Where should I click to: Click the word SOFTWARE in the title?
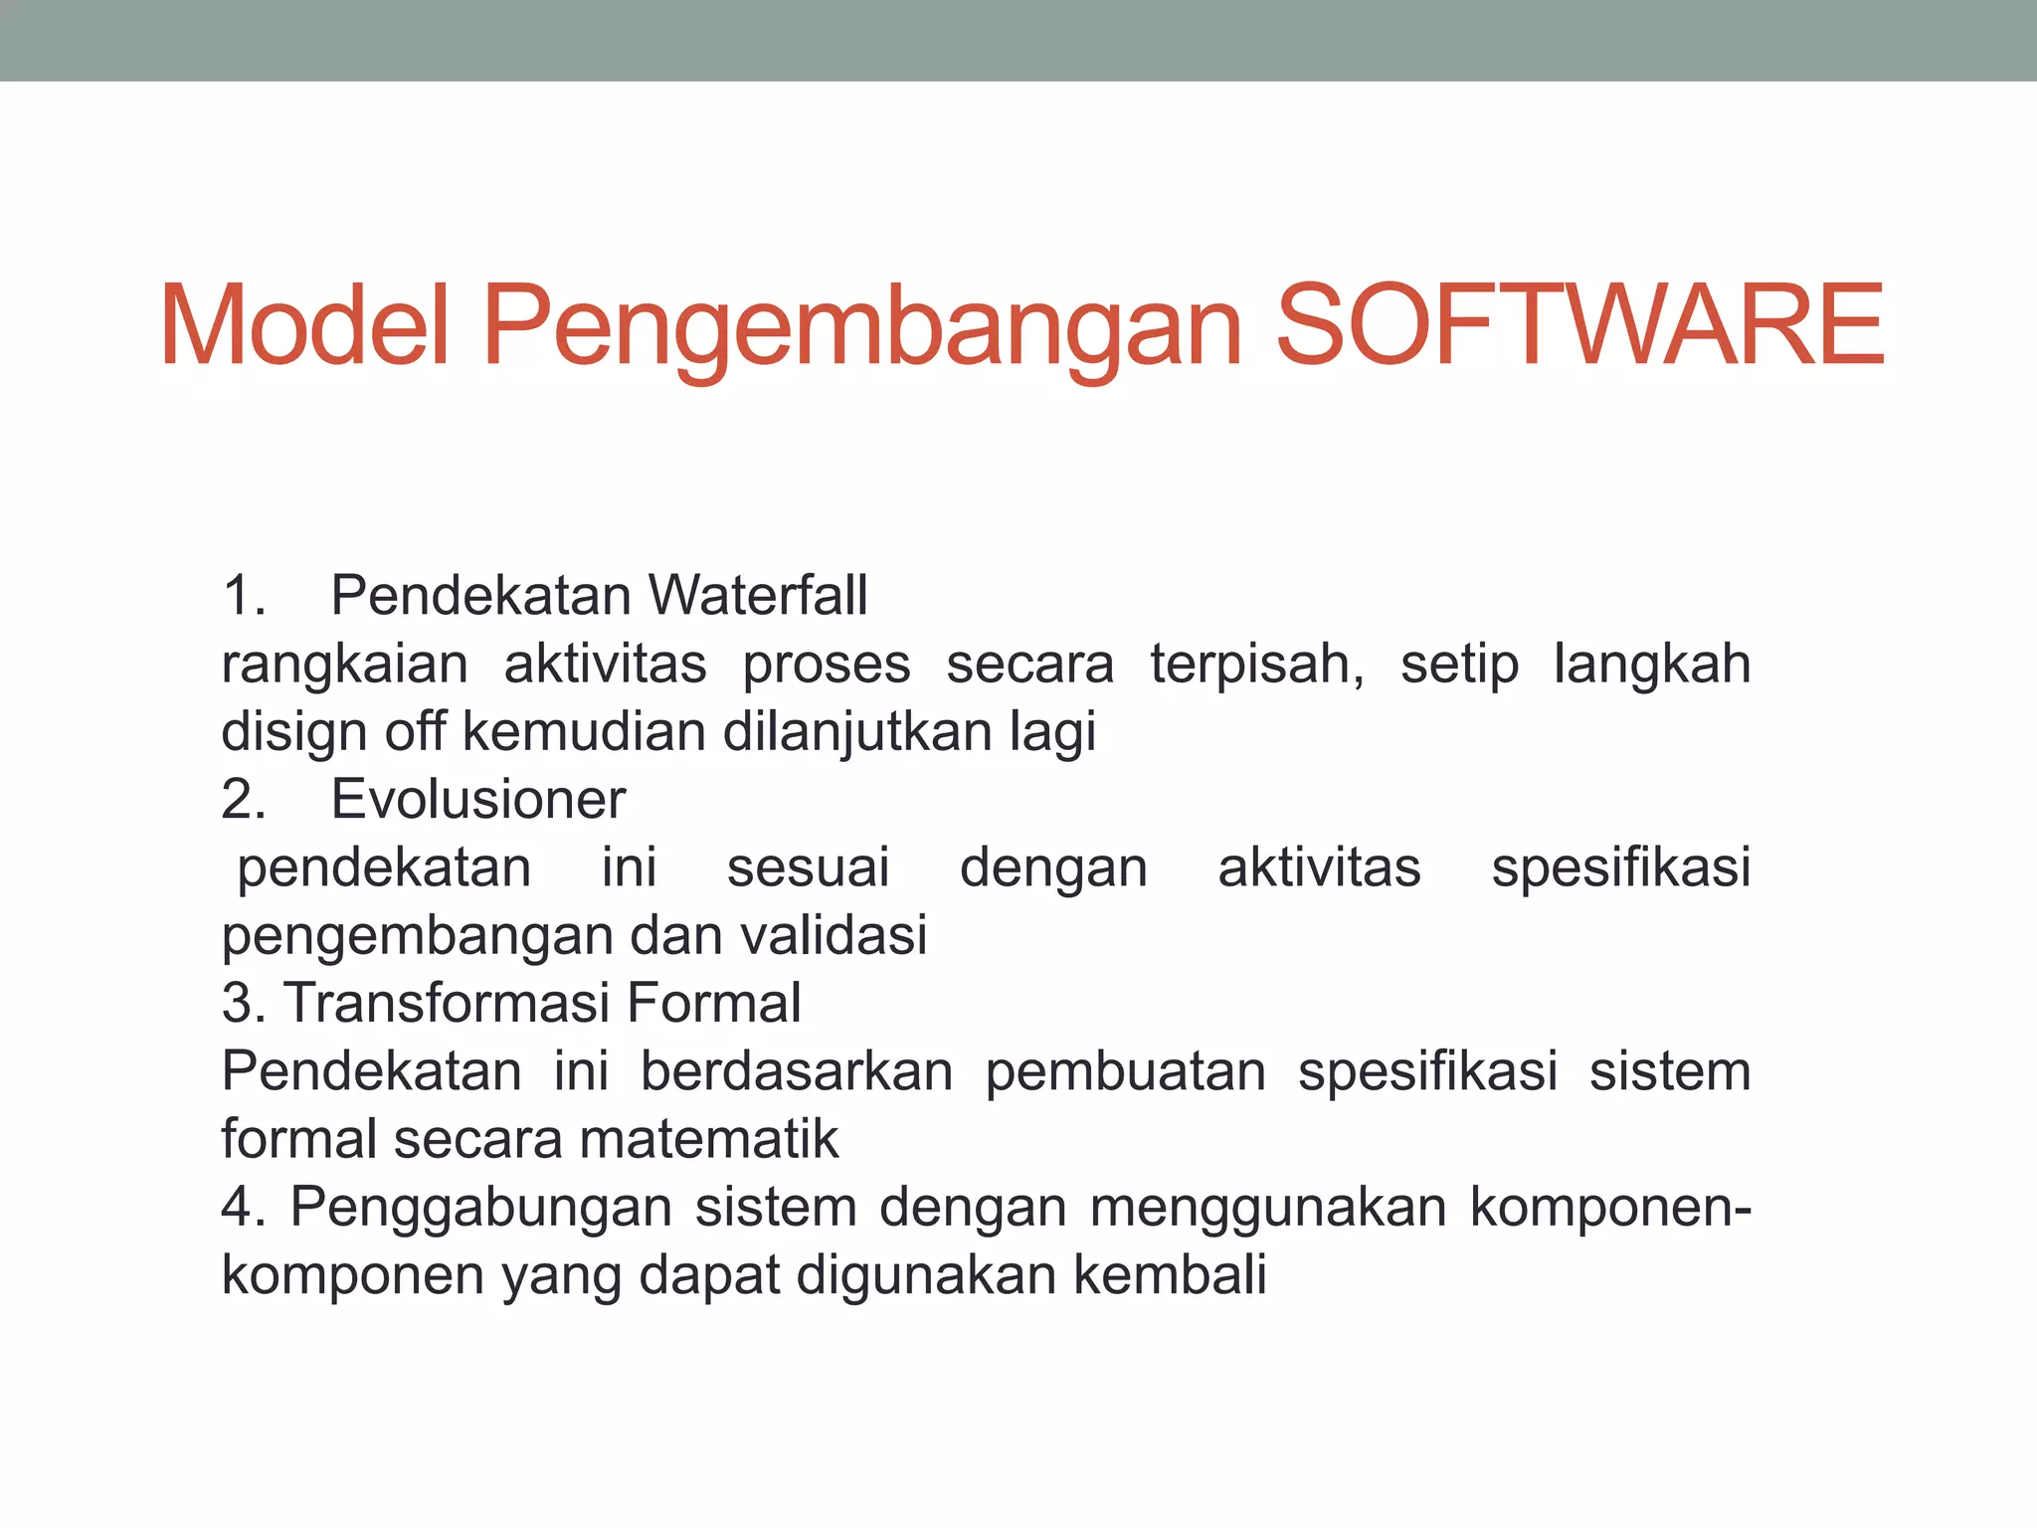[x=1578, y=326]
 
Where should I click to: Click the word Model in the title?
[x=304, y=326]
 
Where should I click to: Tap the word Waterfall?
[x=758, y=596]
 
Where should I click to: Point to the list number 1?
[x=243, y=596]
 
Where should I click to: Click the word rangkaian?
[x=344, y=666]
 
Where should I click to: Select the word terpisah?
[x=1255, y=666]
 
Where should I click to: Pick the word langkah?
[x=1651, y=664]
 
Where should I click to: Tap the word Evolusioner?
[x=478, y=799]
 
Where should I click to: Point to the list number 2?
[x=243, y=799]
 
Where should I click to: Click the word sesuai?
[x=808, y=867]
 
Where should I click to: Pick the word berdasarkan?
[x=796, y=1071]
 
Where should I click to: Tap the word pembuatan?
[x=1125, y=1071]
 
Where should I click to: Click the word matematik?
[x=709, y=1139]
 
